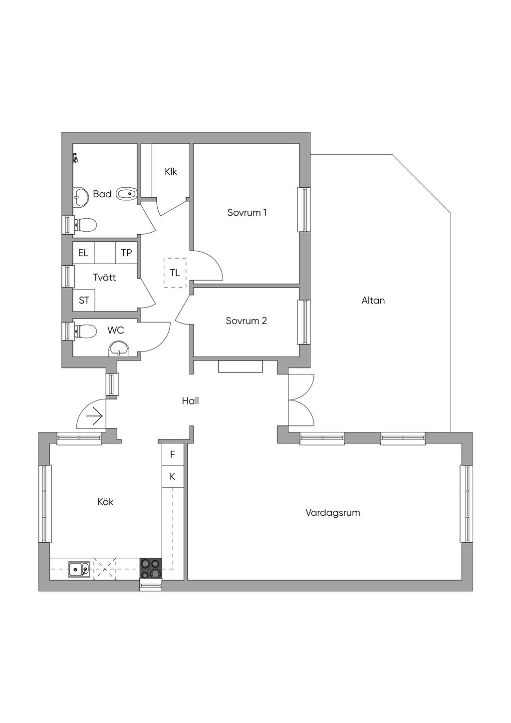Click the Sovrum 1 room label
pos(247,213)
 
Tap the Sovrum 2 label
pos(246,321)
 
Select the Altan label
pos(373,301)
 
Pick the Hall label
pos(190,401)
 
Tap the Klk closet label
pos(171,172)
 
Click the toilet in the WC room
pos(85,331)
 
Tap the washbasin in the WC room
pos(119,349)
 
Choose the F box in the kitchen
pos(173,454)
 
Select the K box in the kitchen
pos(173,476)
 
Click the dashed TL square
pos(175,273)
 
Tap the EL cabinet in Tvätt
pos(83,253)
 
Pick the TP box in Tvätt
pos(126,253)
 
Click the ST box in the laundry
pos(84,301)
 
